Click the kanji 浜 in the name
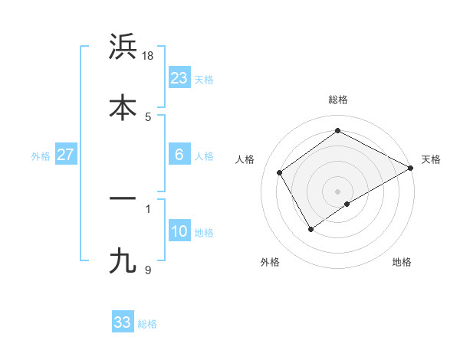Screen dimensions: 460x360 [123, 47]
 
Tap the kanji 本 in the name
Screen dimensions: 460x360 [123, 106]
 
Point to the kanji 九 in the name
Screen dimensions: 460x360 [123, 260]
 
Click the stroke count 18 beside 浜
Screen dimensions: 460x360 [149, 56]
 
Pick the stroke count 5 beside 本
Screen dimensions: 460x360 [148, 116]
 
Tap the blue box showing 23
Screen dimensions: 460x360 [179, 77]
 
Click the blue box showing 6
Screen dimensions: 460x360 [179, 155]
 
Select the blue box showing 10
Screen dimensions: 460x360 [179, 231]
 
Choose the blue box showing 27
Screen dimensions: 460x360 [66, 155]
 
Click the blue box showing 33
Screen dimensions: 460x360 [123, 322]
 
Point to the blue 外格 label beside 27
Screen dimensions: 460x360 [41, 156]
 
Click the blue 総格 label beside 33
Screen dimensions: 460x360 [147, 324]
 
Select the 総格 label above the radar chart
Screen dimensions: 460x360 [338, 100]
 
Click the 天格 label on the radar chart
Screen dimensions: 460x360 [431, 159]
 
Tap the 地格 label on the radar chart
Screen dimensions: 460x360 [402, 262]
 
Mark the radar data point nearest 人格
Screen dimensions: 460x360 [280, 172]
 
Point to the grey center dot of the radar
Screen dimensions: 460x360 [338, 191]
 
